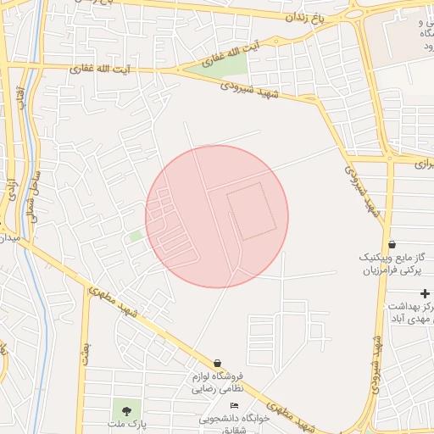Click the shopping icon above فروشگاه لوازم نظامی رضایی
click(218, 363)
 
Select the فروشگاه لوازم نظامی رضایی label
click(219, 381)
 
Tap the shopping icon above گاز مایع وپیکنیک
click(391, 244)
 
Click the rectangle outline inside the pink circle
click(253, 211)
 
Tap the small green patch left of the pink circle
click(136, 236)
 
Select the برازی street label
click(421, 160)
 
